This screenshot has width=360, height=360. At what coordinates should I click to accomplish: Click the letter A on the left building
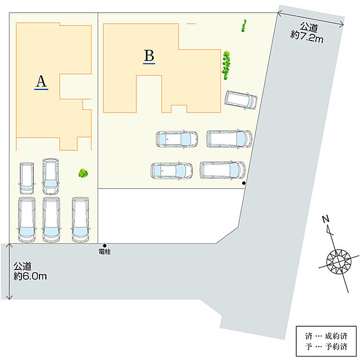pos(41,81)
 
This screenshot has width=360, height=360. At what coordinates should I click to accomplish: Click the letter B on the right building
pos(149,56)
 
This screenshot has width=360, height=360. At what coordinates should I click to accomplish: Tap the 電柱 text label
pos(105,252)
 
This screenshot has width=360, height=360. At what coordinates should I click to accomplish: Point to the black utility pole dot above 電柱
pos(105,246)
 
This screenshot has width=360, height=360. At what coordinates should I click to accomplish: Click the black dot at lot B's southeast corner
pos(244,183)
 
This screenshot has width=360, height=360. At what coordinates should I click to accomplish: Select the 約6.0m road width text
pos(30,276)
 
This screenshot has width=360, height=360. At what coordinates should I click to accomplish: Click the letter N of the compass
pos(326,219)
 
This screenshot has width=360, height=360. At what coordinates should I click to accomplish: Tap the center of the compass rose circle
pos(339,262)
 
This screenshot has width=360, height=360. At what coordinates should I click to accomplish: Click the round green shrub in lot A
pos(83,173)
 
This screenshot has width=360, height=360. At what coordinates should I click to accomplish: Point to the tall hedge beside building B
pos(226,65)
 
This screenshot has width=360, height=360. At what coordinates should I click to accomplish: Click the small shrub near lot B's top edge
pos(244,26)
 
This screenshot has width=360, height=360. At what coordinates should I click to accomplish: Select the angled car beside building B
pos(241,100)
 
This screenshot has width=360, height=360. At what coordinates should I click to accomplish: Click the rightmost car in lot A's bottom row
pos(80,219)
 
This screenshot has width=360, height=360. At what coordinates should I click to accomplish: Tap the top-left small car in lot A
pos(27,178)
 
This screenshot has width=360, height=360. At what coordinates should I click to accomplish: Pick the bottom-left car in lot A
pos(27,219)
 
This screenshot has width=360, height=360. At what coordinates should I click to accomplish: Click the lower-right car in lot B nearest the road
pos(222,170)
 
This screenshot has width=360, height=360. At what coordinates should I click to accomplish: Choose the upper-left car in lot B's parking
pos(177,139)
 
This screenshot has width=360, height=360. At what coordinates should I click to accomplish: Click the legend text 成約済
pos(336,336)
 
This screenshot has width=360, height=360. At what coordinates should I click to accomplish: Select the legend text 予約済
pos(336,346)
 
